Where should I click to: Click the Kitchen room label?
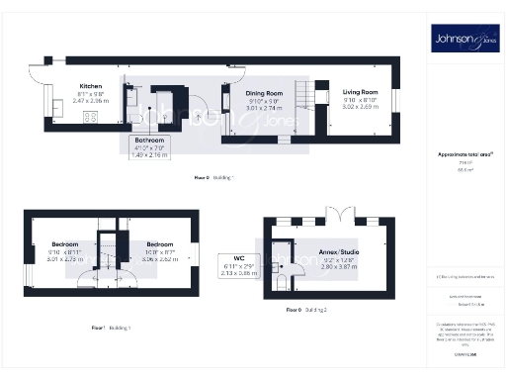[91, 86]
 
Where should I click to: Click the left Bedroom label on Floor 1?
[65, 243]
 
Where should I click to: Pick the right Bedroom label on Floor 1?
[159, 243]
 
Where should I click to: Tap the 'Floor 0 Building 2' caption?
[307, 311]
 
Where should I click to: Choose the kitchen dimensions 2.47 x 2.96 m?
[91, 101]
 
